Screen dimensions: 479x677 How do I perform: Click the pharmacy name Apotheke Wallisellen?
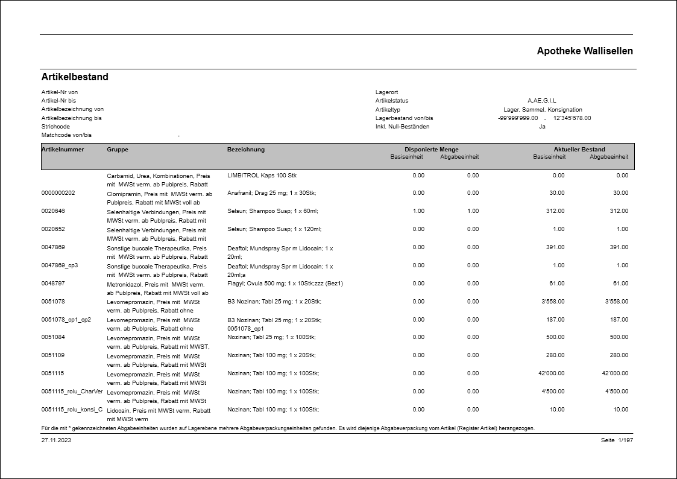pos(585,51)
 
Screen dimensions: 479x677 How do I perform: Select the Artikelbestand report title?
pos(75,77)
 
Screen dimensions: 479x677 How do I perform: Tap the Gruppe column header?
pos(118,150)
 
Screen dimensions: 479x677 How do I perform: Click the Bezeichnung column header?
pos(246,150)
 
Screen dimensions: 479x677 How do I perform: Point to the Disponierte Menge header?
pos(432,150)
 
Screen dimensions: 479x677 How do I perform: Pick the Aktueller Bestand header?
pos(579,150)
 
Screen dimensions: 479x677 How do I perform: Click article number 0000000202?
pos(58,194)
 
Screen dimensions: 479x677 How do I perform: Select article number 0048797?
pos(53,284)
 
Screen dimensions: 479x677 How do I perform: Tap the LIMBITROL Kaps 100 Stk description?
pos(262,176)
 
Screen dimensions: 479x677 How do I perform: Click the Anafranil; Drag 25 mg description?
pos(271,194)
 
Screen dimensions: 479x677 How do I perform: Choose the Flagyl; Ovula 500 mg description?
pos(285,284)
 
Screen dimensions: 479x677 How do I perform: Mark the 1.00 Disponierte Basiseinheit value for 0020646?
pos(418,211)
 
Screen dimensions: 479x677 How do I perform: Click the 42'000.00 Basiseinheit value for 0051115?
pos(552,373)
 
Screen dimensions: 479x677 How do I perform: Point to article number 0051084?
pos(53,337)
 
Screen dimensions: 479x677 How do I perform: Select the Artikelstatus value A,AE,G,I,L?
pos(542,101)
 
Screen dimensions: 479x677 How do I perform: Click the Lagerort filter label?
pos(386,92)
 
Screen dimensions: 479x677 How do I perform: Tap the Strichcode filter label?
pos(55,127)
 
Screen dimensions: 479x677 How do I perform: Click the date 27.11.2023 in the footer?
pos(56,440)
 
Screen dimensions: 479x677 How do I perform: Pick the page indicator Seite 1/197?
pos(617,440)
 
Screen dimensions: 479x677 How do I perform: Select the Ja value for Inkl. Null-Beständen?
pos(542,127)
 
